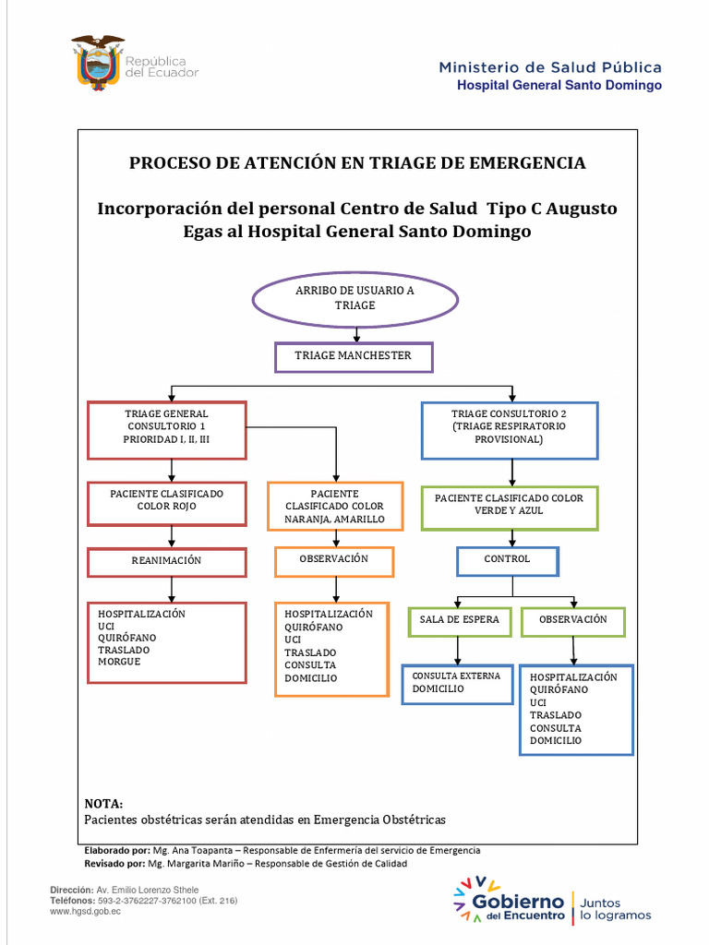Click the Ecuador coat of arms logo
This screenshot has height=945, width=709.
point(97,61)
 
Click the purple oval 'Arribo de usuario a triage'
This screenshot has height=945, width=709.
point(355,298)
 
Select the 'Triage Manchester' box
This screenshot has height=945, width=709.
point(354,356)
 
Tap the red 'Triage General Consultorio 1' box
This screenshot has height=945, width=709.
point(167,429)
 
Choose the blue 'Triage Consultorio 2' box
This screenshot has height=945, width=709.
point(510,429)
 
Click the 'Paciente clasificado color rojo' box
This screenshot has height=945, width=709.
point(167,502)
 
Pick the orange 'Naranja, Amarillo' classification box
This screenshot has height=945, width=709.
point(335,507)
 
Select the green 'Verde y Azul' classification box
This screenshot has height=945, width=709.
point(510,507)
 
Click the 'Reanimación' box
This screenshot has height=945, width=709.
point(167,562)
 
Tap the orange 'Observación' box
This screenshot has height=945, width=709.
point(334,561)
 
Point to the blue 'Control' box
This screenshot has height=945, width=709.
point(508,561)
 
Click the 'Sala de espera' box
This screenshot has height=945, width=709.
point(460,621)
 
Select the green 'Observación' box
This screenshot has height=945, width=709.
point(573,621)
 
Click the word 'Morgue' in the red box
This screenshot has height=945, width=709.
point(120,662)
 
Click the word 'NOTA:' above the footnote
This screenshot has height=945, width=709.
point(103,804)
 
